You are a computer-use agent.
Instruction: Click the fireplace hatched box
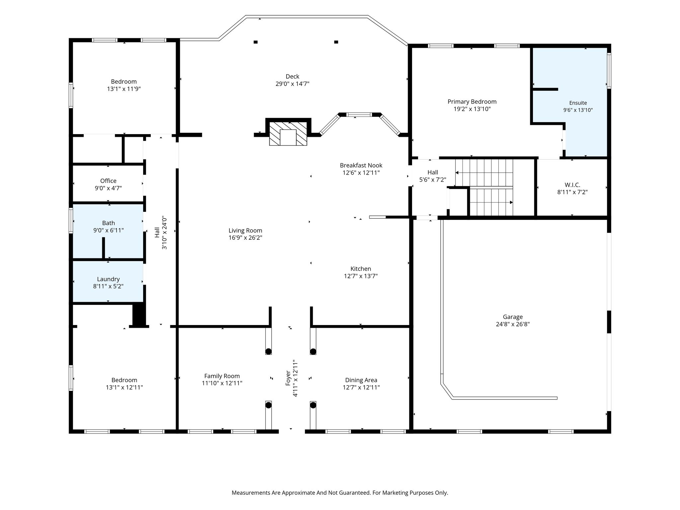coord(288,133)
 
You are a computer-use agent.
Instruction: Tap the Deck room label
coord(292,76)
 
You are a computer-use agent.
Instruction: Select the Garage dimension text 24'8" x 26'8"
coord(513,324)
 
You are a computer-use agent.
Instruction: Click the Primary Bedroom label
coord(472,102)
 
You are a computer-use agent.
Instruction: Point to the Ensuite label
coord(578,103)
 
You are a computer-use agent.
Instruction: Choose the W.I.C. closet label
coord(572,185)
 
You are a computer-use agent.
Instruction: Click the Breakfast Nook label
coord(361,165)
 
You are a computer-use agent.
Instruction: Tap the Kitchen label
coord(361,269)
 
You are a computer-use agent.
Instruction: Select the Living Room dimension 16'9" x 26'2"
coord(245,238)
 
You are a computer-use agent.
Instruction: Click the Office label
coord(108,181)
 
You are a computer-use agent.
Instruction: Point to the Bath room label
coord(109,223)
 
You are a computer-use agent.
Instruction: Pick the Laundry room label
coord(108,279)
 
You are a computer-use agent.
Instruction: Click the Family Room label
coord(222,376)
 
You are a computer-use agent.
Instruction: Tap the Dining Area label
coord(361,380)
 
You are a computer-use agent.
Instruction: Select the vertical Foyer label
coord(288,378)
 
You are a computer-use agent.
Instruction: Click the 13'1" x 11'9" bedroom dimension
coord(124,89)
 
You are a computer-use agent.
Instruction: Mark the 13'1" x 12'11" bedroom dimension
coord(124,387)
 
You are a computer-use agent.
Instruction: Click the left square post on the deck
coord(256,42)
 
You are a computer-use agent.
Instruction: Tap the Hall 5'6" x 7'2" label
coord(433,176)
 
